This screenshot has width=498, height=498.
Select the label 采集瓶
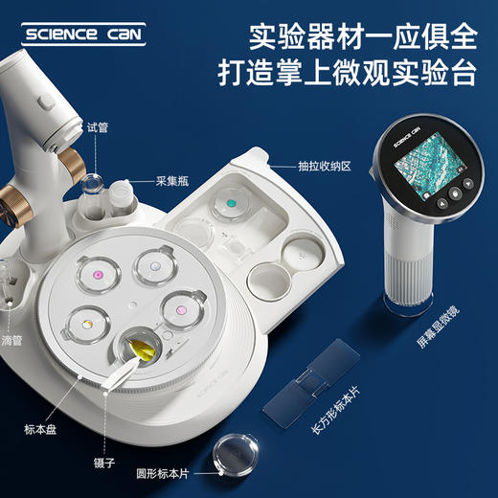[146, 179]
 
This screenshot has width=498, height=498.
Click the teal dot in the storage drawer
[231, 202]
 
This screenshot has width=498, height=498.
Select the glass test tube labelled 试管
[96, 191]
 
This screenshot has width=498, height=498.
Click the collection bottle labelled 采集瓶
[121, 199]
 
